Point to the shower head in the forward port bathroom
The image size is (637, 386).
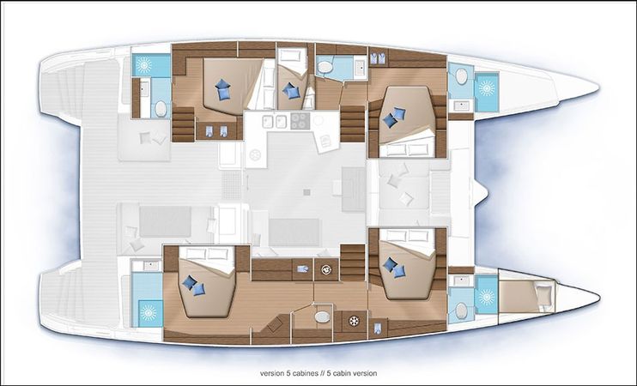point(487,87)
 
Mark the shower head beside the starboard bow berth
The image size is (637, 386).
point(487,297)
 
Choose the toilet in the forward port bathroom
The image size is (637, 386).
point(462,78)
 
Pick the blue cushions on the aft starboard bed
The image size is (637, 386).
point(194,285)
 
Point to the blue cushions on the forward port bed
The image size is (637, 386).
point(396,118)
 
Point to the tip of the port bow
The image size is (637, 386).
point(597,86)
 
